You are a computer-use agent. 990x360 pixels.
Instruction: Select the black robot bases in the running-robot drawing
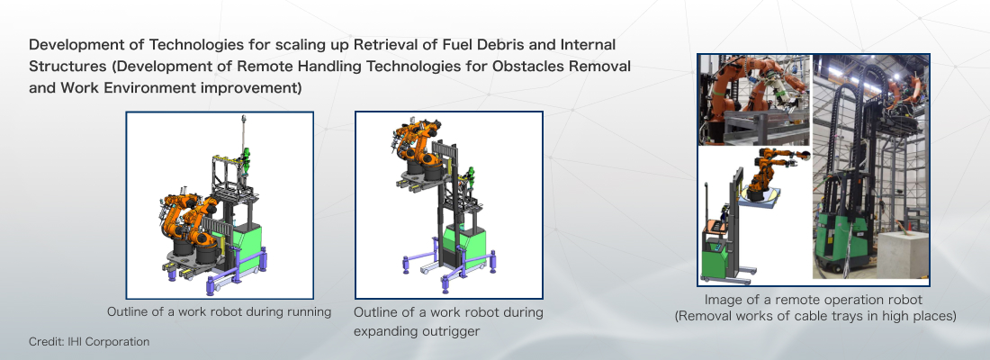point(195,248)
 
